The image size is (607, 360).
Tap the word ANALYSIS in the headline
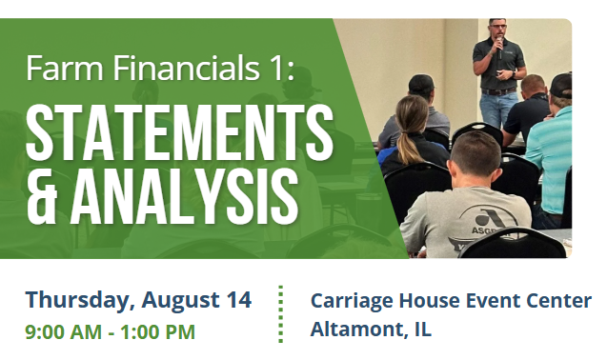[184, 196]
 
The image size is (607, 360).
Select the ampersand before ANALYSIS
[42, 196]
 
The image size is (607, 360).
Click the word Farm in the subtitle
[65, 68]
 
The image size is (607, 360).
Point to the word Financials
[186, 68]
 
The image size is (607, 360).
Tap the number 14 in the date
[239, 300]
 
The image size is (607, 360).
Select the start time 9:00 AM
[64, 332]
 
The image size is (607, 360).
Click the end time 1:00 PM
[157, 332]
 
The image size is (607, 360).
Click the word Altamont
[360, 329]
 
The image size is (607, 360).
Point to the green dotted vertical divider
[281, 314]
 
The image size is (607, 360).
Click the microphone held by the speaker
[499, 48]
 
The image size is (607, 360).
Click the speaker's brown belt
[498, 91]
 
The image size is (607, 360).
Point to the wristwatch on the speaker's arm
[514, 73]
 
